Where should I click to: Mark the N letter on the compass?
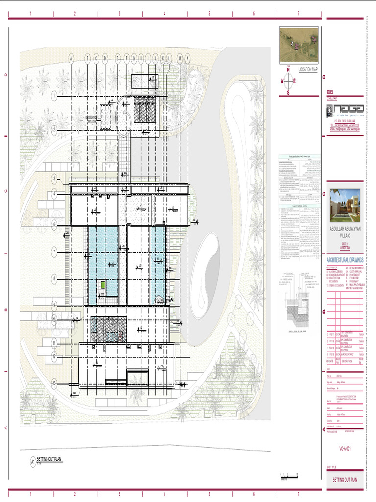point(288,70)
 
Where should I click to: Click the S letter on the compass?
point(288,92)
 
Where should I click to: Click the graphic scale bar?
point(289,474)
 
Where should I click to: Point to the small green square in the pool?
point(103,284)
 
